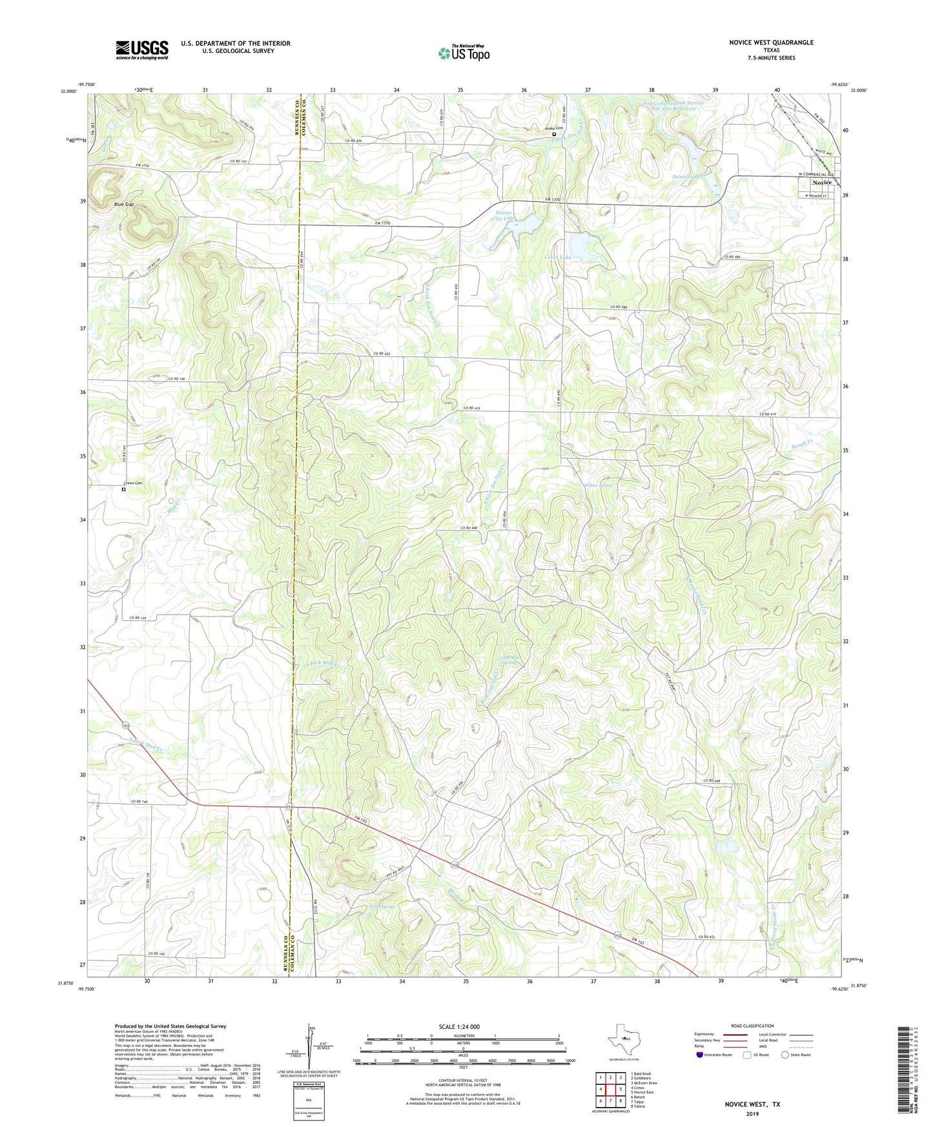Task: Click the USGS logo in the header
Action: click(142, 50)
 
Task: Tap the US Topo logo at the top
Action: click(463, 53)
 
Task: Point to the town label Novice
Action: click(821, 183)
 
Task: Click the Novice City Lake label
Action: click(503, 216)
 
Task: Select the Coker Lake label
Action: click(558, 258)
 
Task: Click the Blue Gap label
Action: click(124, 204)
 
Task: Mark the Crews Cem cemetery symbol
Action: click(124, 489)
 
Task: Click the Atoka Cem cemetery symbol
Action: click(553, 134)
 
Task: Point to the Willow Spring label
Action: click(598, 485)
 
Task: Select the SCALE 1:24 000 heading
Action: click(462, 1026)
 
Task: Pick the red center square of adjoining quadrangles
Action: click(610, 1089)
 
